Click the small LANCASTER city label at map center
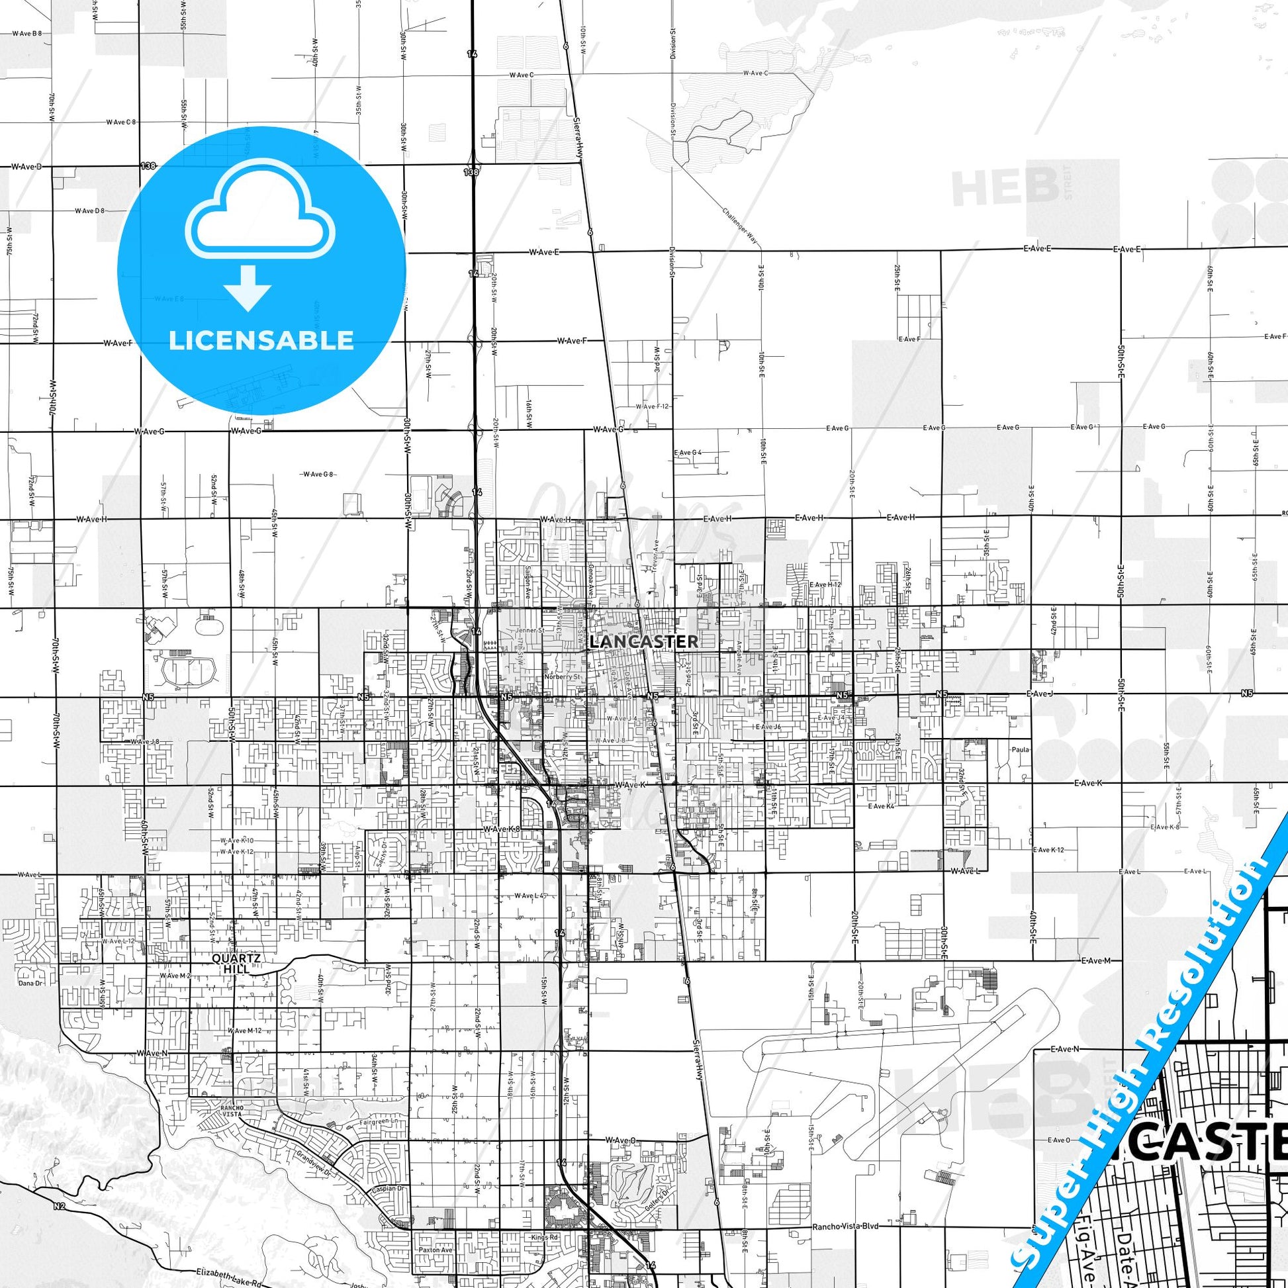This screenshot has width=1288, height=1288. [644, 641]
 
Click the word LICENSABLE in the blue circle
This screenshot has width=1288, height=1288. [261, 341]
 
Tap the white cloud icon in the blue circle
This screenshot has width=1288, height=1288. [261, 210]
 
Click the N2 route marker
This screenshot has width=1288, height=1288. [60, 1206]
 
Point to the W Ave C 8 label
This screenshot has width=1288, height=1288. [120, 122]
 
